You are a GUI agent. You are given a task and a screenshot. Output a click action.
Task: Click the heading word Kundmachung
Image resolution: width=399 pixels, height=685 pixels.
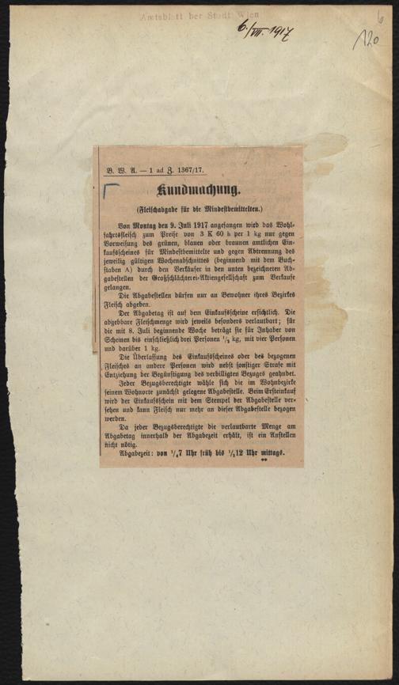pyautogui.click(x=199, y=189)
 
